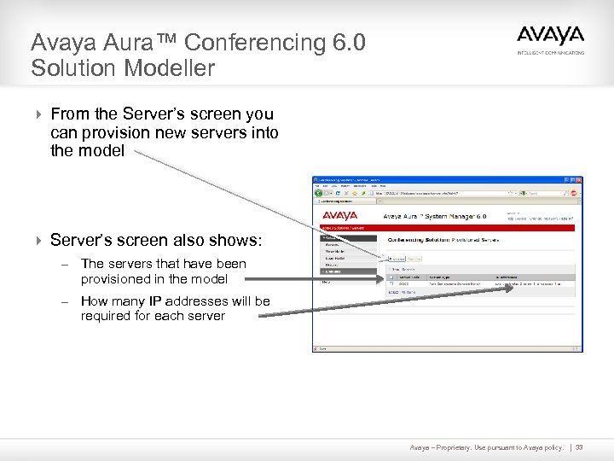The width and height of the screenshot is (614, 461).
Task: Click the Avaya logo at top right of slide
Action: [x=550, y=37]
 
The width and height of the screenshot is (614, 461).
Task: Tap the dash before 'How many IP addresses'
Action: [x=64, y=301]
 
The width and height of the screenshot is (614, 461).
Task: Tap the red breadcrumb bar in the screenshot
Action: [x=443, y=228]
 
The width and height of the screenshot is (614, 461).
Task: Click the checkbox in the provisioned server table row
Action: [x=391, y=283]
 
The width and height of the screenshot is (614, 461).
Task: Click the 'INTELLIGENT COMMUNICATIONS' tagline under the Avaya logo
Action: [x=551, y=53]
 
